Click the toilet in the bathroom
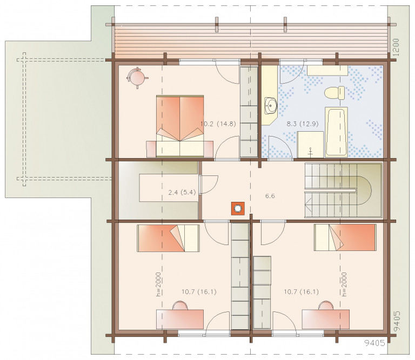tap(335, 93)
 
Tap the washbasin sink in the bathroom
tap(270, 105)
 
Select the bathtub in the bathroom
tap(336, 132)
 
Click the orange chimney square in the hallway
tap(238, 208)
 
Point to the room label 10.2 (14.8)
tap(218, 124)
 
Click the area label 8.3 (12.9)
tap(303, 124)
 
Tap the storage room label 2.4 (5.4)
tap(182, 192)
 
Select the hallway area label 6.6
tap(270, 196)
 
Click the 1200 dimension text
tap(396, 47)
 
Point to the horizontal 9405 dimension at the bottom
tap(375, 343)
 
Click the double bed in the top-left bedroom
tap(180, 126)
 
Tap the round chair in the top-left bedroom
tap(137, 77)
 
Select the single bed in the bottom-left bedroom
tap(168, 238)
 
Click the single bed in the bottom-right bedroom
tap(345, 237)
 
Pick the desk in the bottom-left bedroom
tap(180, 320)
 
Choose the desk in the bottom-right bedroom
tap(326, 320)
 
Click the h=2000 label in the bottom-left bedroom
tap(158, 284)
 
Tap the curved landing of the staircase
tap(364, 190)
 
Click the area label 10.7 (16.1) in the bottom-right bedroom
tap(301, 292)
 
